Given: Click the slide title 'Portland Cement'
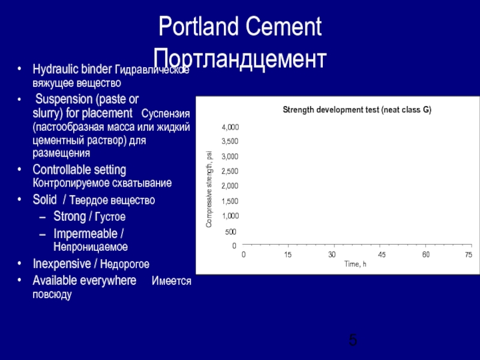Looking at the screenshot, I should coord(240,28).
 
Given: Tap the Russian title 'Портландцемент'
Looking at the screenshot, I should coord(240,59).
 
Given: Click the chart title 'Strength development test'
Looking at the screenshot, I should coord(357,110).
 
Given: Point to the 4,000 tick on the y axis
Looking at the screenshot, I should coord(230,127).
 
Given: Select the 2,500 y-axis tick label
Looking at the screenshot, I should coord(230,172).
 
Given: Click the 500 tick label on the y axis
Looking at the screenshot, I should coord(230,232).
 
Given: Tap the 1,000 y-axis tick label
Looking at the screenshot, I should coord(230,215).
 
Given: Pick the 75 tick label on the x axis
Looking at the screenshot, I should coord(468,255).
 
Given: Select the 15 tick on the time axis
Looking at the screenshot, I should coord(288,255).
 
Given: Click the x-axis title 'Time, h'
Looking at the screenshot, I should coord(355,264).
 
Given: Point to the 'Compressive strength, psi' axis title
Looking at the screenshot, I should coord(209,188).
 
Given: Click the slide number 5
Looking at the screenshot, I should coord(353,341).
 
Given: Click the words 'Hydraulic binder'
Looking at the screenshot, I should coord(72,70).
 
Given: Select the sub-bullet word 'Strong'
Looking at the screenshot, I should coord(70,216).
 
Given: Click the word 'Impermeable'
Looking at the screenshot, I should coord(85,233).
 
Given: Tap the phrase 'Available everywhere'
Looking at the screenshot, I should coord(84,281).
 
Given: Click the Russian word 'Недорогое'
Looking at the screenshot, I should coord(124,265).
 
